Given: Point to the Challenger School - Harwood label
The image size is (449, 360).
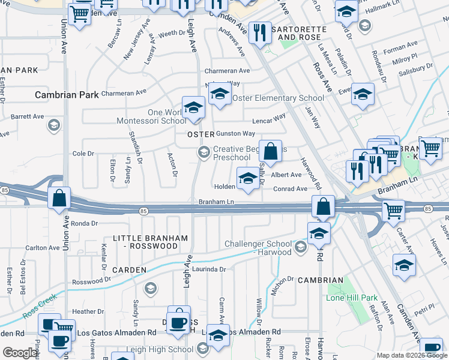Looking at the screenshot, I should [x=258, y=248].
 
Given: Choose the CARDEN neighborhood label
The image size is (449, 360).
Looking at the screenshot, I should [x=129, y=270].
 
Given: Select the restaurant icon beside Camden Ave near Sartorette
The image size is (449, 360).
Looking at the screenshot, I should [x=259, y=32].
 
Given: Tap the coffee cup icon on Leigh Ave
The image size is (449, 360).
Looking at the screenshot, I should [x=178, y=321].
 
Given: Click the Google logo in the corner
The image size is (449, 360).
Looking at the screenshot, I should [x=20, y=353].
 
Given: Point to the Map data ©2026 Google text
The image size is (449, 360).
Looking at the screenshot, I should [x=411, y=355].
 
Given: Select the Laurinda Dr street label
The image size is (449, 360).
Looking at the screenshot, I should [x=209, y=269].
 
